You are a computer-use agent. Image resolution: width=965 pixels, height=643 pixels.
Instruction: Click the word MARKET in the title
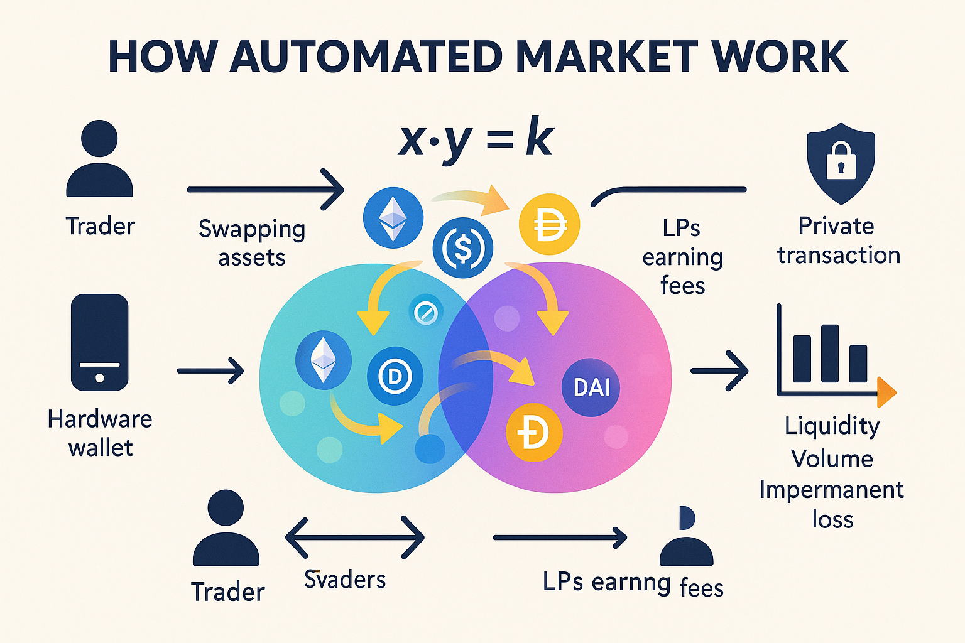pos(606,57)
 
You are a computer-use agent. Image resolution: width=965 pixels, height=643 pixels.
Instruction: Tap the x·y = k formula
pos(476,139)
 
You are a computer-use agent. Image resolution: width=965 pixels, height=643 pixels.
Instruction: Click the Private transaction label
pos(838,240)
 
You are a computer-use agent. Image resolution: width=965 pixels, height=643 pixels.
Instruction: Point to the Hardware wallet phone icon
pos(100,342)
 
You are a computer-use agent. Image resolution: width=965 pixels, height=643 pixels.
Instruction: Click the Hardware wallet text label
pos(100,433)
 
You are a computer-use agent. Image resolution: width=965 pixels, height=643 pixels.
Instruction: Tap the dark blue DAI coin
pos(591,387)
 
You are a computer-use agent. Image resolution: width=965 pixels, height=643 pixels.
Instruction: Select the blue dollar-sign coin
pos(463,248)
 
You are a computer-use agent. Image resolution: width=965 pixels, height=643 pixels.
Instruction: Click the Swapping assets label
pos(252,243)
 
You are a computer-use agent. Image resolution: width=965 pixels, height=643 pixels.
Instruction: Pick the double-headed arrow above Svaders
pos(355,538)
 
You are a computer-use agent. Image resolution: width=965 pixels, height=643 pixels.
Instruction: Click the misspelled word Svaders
pos(345,580)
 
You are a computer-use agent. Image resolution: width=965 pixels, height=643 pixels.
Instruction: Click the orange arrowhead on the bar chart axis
pos(886,393)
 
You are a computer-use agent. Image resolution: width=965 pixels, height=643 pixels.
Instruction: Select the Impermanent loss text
pos(832,504)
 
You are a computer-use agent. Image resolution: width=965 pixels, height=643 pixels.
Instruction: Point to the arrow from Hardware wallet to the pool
pos(210,370)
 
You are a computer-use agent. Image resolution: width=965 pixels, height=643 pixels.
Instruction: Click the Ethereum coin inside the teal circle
pos(324,360)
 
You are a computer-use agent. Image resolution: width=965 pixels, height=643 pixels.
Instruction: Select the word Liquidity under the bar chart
pos(832,426)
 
